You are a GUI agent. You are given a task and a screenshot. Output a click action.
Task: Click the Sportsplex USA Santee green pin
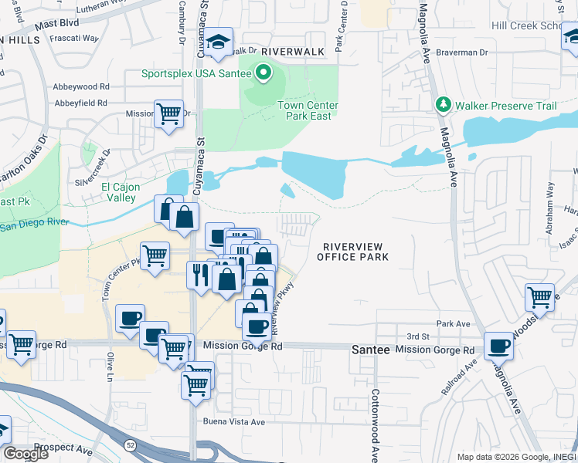coord(263,74)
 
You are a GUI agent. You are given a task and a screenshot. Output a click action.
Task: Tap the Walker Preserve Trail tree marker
coord(443,104)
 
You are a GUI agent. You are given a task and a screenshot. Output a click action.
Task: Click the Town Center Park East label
coord(304,110)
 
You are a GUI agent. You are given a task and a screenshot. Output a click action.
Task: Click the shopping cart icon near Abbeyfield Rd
coord(168,115)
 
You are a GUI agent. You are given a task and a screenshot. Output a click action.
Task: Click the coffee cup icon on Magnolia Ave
coord(499,346)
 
